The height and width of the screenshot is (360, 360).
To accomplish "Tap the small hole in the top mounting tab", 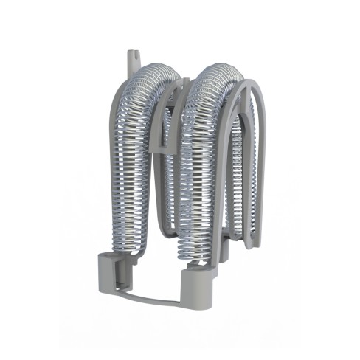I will [135, 52].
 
